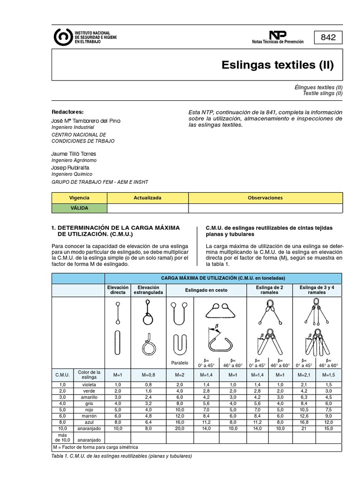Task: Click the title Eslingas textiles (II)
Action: click(277, 65)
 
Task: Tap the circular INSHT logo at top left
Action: click(63, 37)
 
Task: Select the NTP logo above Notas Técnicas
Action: click(277, 35)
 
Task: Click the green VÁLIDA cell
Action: click(79, 208)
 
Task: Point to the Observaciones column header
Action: click(265, 198)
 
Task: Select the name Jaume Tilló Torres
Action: click(74, 154)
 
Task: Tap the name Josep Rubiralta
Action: click(70, 167)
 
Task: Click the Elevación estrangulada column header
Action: click(149, 290)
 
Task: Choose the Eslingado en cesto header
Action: click(206, 290)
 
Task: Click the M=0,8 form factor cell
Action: click(149, 375)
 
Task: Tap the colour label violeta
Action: click(89, 384)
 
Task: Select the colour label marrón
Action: click(89, 415)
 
